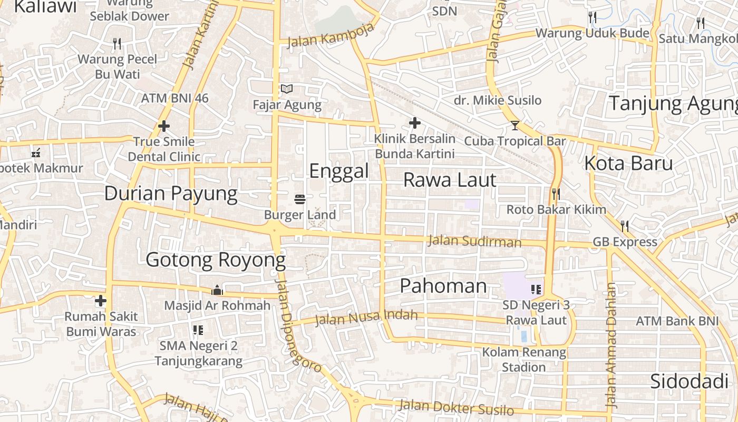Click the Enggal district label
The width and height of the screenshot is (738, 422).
(x=338, y=171)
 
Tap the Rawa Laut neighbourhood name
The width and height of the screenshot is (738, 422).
(x=450, y=180)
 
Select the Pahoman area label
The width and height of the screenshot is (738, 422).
(x=443, y=286)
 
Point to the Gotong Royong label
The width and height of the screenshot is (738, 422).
(x=216, y=260)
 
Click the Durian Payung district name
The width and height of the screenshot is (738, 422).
(x=171, y=194)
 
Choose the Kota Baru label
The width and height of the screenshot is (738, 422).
(x=628, y=163)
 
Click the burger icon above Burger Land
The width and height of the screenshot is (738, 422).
(x=300, y=199)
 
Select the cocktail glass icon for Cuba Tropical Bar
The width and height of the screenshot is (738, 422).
(x=515, y=126)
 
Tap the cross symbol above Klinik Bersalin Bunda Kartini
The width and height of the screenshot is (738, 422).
(x=415, y=123)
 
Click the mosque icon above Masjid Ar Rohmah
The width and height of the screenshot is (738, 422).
(x=217, y=290)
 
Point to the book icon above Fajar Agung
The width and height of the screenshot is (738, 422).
(x=287, y=89)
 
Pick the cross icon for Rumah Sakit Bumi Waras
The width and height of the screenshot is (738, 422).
(x=101, y=301)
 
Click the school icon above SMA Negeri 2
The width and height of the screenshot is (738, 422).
(x=198, y=330)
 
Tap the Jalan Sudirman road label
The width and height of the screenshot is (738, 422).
(x=474, y=241)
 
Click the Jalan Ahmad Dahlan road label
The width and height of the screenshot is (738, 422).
(x=611, y=346)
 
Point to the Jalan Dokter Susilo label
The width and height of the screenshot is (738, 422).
(x=456, y=407)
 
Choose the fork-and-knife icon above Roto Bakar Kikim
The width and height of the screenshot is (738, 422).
(x=556, y=194)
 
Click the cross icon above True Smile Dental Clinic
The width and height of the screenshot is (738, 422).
(x=164, y=126)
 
